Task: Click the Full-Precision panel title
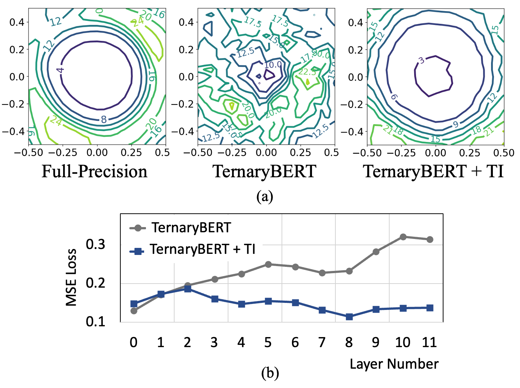point(94,171)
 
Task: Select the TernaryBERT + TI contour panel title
point(433,171)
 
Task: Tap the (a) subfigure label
point(264,196)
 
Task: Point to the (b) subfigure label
point(270,373)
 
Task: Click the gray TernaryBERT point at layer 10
point(403,237)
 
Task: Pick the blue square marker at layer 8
point(349,317)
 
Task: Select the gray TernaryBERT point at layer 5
point(268,264)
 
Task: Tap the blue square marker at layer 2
point(188,288)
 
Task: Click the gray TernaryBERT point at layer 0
point(134,311)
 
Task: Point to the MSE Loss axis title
point(71,277)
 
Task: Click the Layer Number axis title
point(394,364)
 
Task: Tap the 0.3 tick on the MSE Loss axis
point(95,244)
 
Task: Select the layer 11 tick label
point(429,342)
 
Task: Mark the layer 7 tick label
point(322,342)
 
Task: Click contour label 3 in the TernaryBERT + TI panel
point(421,61)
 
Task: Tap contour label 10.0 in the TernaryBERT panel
point(273,65)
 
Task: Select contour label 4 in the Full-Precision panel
point(61,69)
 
